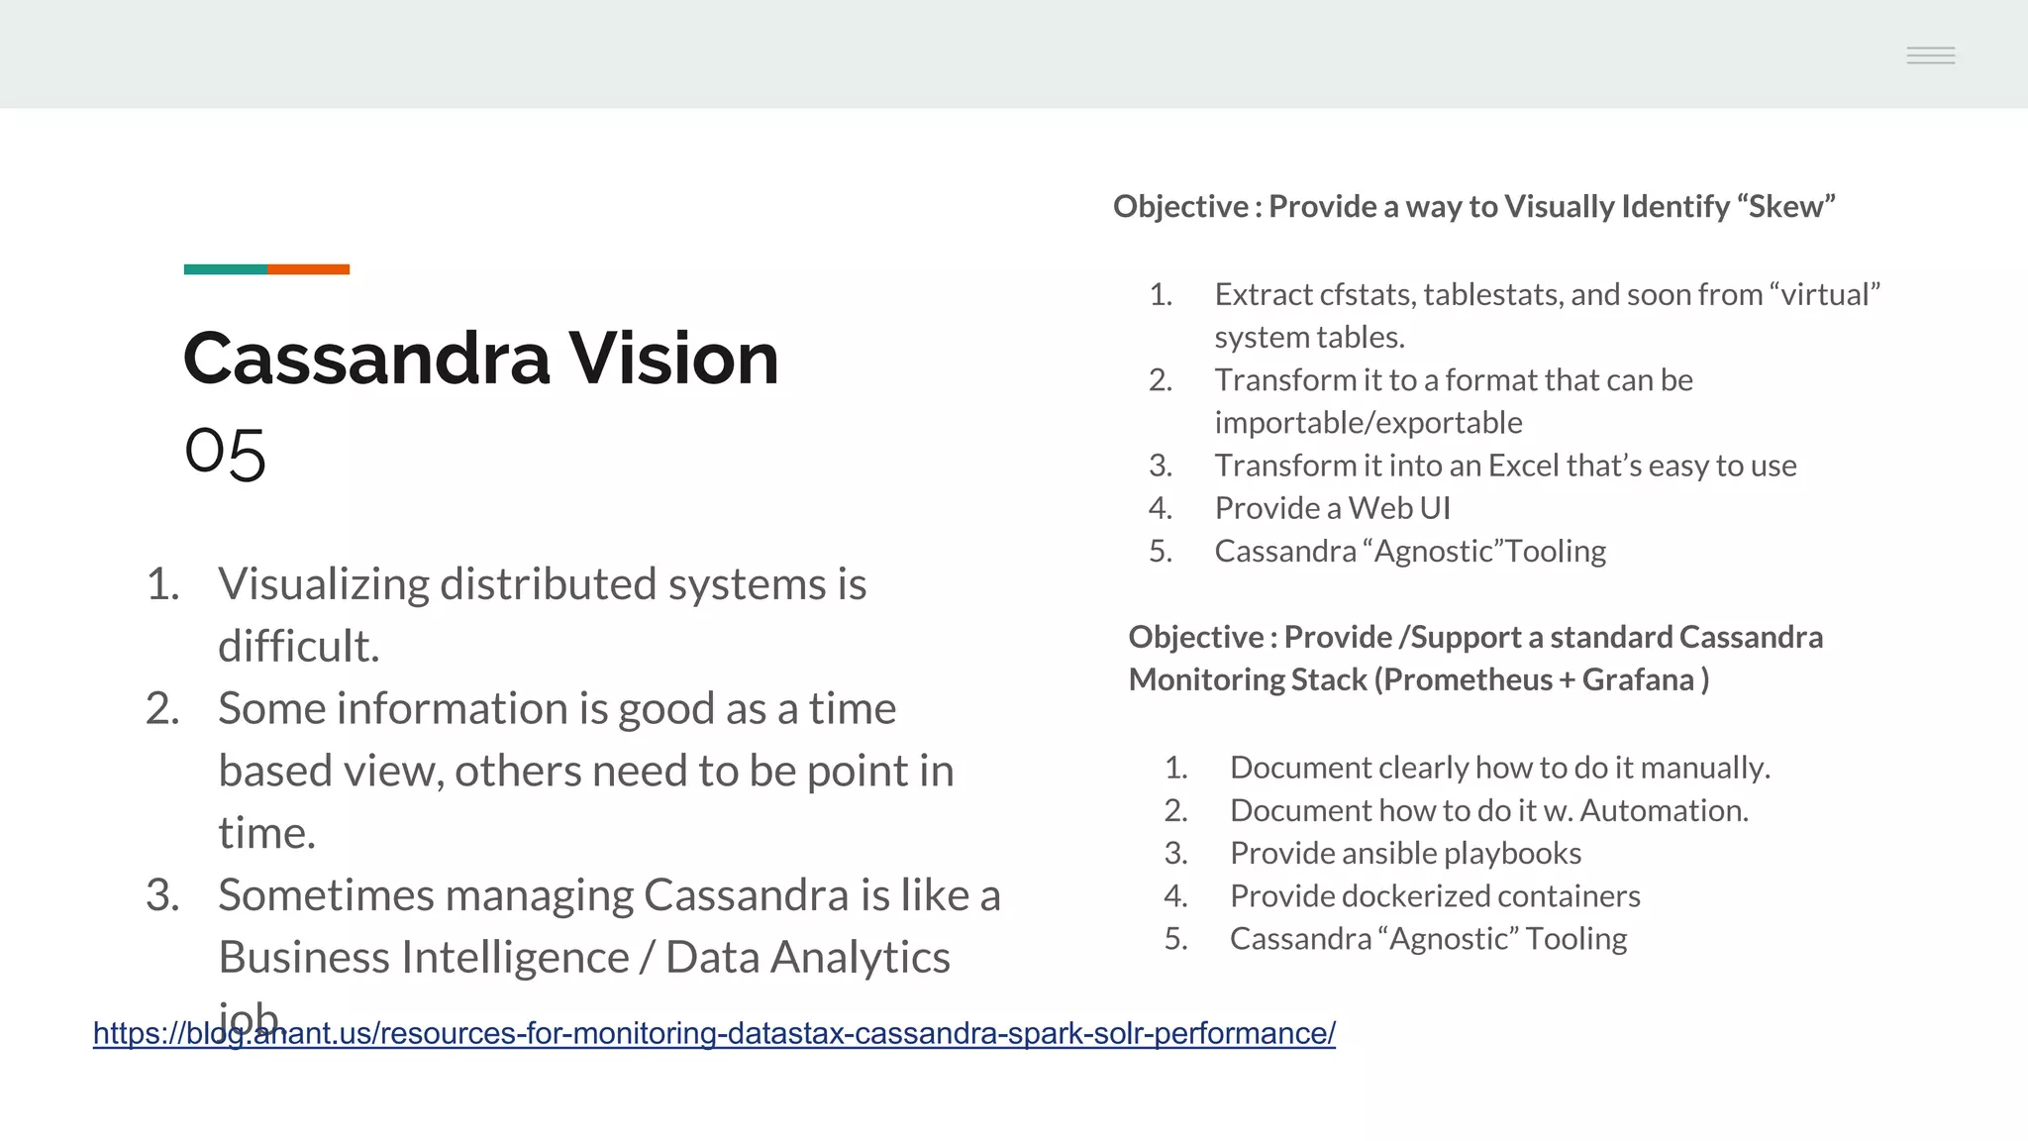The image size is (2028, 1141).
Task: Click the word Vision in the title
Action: (673, 359)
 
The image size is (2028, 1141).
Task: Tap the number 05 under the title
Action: (225, 453)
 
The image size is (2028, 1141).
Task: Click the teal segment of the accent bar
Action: (225, 269)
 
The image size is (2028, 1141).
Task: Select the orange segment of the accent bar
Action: (308, 269)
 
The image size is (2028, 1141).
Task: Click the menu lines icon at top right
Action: (1930, 55)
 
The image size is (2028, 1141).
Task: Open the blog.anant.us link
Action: (714, 1034)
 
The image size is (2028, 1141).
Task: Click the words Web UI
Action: (1399, 508)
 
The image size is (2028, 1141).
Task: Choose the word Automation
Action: (1663, 811)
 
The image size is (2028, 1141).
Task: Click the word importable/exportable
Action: (1369, 423)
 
